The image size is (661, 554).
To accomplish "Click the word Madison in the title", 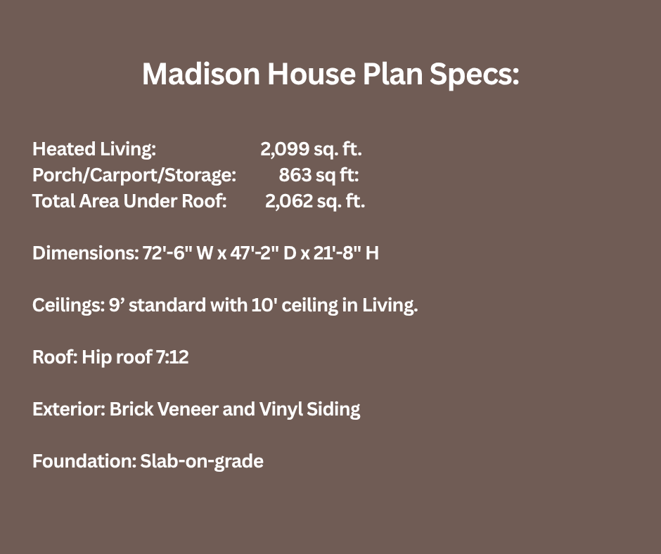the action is click(200, 74).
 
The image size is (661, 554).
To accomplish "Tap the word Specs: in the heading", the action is click(474, 75).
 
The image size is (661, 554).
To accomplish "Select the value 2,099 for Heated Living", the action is click(285, 149).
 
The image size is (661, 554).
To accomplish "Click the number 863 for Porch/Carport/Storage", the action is click(295, 175).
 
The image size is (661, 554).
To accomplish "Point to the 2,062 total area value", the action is click(289, 201).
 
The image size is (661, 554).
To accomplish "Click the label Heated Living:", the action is click(94, 149).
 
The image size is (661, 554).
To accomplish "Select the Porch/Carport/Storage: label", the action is click(134, 175).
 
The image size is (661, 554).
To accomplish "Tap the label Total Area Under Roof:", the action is click(129, 201).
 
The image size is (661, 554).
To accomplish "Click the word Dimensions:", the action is click(86, 253).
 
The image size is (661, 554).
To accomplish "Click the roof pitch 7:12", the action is click(172, 357).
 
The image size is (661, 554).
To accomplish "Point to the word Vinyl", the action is click(281, 410).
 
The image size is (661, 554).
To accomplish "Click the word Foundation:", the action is click(84, 461).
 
